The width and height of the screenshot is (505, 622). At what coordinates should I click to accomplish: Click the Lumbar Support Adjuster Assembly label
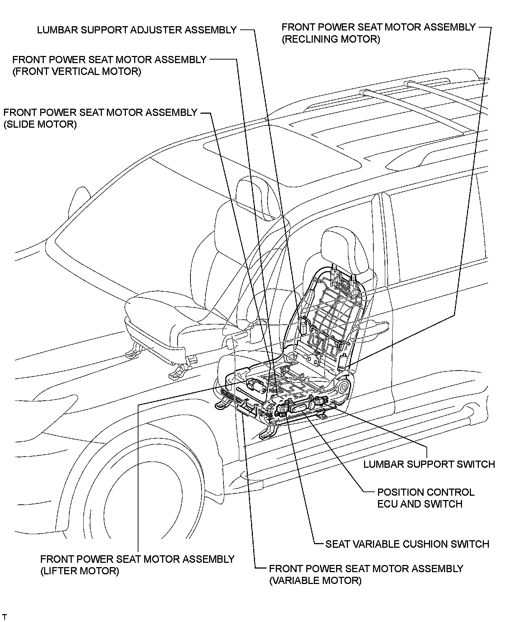(137, 30)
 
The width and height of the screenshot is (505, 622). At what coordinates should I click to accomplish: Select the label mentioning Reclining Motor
(378, 33)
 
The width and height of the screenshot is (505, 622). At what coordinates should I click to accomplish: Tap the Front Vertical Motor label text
(109, 65)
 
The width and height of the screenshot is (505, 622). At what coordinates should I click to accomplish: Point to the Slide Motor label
(100, 118)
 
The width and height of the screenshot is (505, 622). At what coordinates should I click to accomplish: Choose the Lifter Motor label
(137, 565)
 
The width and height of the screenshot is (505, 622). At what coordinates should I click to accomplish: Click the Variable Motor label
(366, 574)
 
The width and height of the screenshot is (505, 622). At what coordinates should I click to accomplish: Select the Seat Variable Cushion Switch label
(407, 544)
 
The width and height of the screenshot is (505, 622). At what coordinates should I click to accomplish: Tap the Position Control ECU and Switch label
(426, 498)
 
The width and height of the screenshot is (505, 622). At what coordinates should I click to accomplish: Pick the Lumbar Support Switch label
(429, 464)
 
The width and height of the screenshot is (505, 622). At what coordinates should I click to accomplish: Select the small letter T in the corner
(4, 617)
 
